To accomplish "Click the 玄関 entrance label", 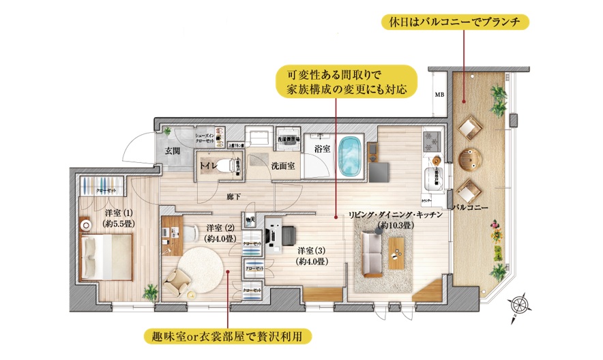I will tap(171, 151).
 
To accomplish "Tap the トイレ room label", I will tap(209, 166).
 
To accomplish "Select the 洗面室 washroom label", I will tap(282, 166).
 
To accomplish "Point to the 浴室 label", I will tap(322, 148).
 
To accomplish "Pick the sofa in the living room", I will tap(372, 254).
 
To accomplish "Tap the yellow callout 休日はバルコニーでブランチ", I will tap(455, 22).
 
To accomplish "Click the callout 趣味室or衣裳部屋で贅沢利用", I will tap(228, 336).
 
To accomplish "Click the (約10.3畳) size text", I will tap(396, 224).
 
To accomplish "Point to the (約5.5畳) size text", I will tap(119, 223).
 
